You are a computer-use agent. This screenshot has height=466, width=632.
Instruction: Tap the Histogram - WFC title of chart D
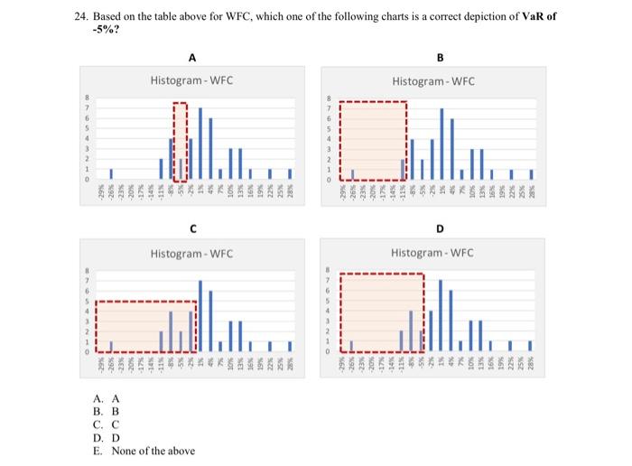(x=432, y=252)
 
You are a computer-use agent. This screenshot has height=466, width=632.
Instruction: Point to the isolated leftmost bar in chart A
(x=111, y=173)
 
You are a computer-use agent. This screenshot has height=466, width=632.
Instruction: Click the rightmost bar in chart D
(x=530, y=345)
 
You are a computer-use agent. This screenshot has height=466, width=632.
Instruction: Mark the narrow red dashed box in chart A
(x=181, y=141)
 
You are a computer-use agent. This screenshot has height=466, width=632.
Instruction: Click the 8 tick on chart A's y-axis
(x=88, y=98)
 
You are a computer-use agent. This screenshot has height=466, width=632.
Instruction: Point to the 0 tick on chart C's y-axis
(x=88, y=351)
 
